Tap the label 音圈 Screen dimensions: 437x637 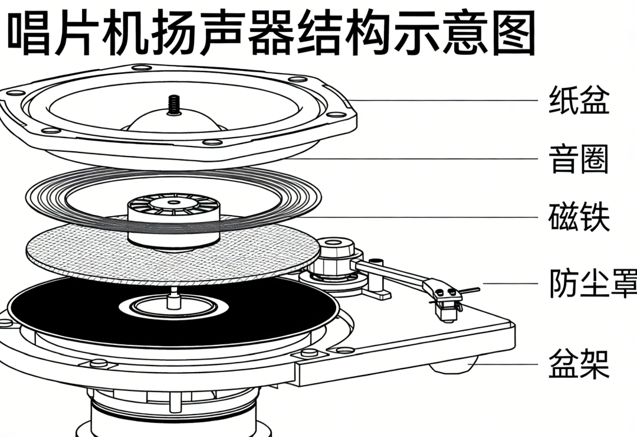click(x=579, y=159)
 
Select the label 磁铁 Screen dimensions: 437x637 click(x=579, y=217)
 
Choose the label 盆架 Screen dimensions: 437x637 click(x=579, y=364)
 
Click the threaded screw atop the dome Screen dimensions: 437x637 click(x=174, y=105)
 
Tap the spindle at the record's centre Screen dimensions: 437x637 click(x=173, y=298)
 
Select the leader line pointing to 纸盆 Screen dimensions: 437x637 click(x=442, y=100)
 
